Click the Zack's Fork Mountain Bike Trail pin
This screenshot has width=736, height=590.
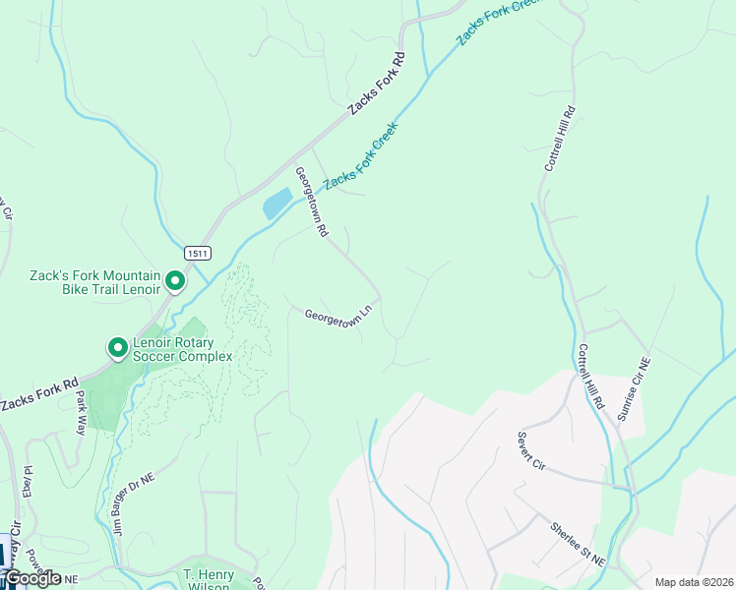(x=175, y=282)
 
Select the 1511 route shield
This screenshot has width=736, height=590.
(x=196, y=253)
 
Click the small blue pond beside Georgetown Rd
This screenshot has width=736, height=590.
(x=276, y=204)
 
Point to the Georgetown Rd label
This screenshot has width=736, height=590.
(x=311, y=202)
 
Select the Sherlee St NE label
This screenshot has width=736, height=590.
(x=577, y=544)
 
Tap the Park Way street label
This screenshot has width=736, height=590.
(x=82, y=410)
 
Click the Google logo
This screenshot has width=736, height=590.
(x=31, y=578)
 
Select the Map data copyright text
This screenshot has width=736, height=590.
(x=694, y=582)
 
